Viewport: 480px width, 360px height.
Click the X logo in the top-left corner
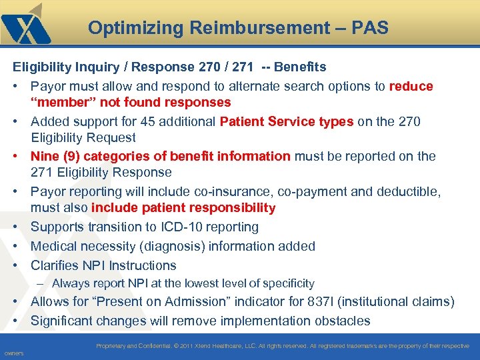click(x=26, y=25)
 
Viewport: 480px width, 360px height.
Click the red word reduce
click(x=411, y=86)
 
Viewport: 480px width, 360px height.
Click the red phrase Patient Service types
click(x=286, y=121)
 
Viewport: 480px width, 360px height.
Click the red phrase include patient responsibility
click(x=183, y=208)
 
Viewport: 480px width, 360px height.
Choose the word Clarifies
click(x=55, y=265)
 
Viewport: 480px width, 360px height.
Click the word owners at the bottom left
click(x=14, y=353)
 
